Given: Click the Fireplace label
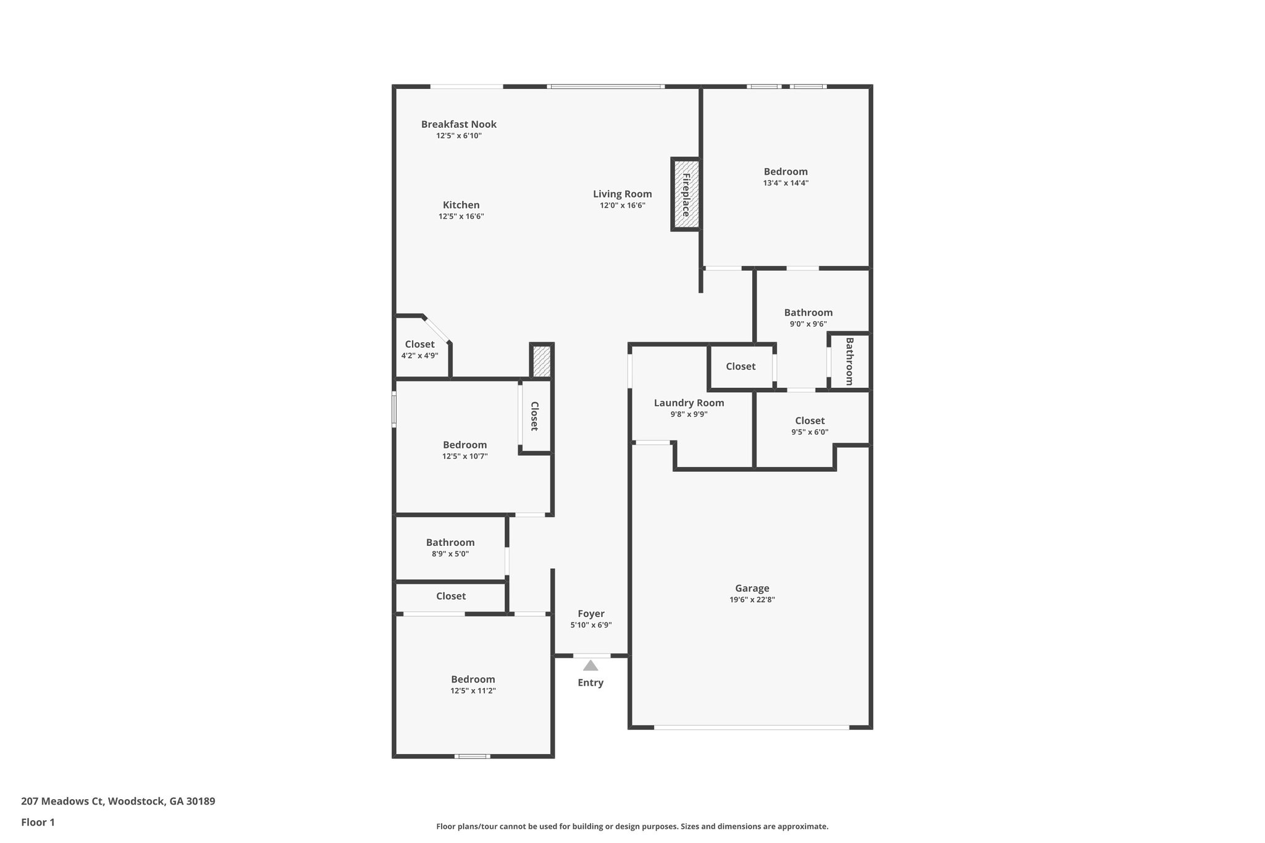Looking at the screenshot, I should pos(686,195).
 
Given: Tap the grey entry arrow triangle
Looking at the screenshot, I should pos(590,665).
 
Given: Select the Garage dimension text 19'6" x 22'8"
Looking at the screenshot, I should pos(752,600).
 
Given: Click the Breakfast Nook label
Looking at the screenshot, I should pos(458,124).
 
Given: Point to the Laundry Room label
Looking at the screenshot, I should pos(689,403).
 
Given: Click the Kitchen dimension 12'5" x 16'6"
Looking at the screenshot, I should pos(461,217).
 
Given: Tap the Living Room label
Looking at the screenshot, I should pos(622,194).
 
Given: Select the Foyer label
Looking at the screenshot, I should pos(590,614).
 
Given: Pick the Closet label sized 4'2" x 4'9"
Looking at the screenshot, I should pos(419,345).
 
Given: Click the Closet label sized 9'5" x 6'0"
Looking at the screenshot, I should pos(809,421).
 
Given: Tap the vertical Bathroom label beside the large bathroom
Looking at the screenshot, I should pos(849,361).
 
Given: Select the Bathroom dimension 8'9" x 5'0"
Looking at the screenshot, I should pos(450,554).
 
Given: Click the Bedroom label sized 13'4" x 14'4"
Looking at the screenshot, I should pos(785,172).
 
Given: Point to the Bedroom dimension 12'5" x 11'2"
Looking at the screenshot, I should pos(473,691).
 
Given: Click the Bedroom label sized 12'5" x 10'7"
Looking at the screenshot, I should pos(464,445).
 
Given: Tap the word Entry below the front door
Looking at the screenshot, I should pos(590,682).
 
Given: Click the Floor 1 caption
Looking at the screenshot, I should pos(38,822).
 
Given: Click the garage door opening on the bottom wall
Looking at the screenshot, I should pos(751,728).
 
